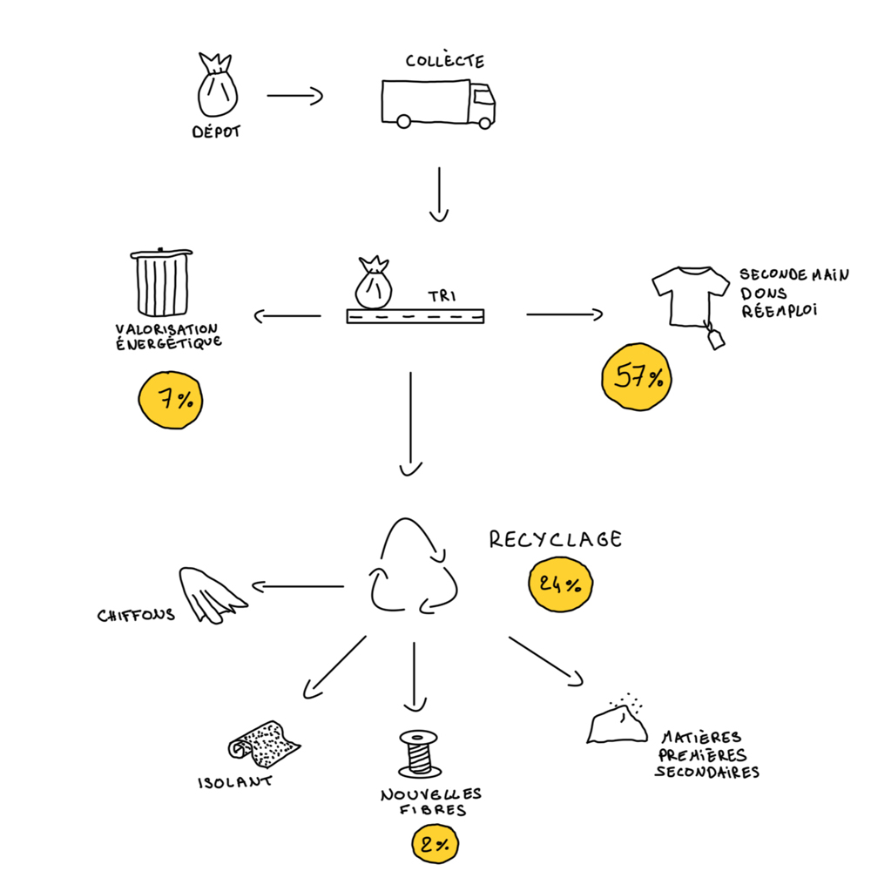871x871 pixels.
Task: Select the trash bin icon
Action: tap(162, 284)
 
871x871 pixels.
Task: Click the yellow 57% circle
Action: tap(638, 376)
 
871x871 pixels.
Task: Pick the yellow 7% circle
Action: tap(171, 400)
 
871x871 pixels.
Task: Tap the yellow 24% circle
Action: tap(560, 584)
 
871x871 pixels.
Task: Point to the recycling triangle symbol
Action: tap(414, 568)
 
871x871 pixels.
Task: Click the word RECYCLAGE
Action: tap(556, 540)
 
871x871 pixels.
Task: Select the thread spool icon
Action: tap(420, 754)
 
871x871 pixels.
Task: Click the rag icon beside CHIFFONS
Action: tap(211, 595)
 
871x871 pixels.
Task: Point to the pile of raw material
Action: tap(616, 723)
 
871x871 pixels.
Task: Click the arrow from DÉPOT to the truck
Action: tap(294, 96)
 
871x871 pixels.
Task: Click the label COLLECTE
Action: tap(444, 62)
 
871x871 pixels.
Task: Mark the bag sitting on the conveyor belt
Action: tap(372, 284)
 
